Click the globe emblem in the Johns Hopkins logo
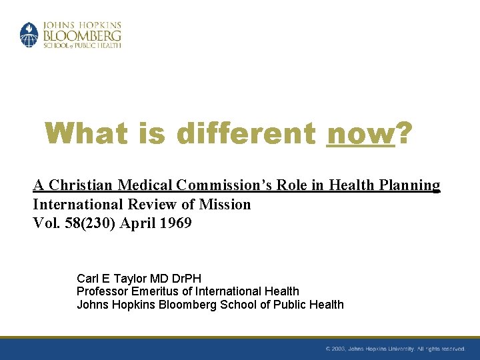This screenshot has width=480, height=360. [x=29, y=35]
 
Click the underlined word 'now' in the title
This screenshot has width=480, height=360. [x=361, y=134]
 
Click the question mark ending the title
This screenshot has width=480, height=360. [x=404, y=134]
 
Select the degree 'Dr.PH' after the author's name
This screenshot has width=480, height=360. [x=185, y=278]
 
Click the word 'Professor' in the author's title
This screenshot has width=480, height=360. [x=101, y=291]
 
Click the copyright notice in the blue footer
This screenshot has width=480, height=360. [x=395, y=349]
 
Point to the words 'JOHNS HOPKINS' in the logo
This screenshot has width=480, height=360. [x=82, y=25]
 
